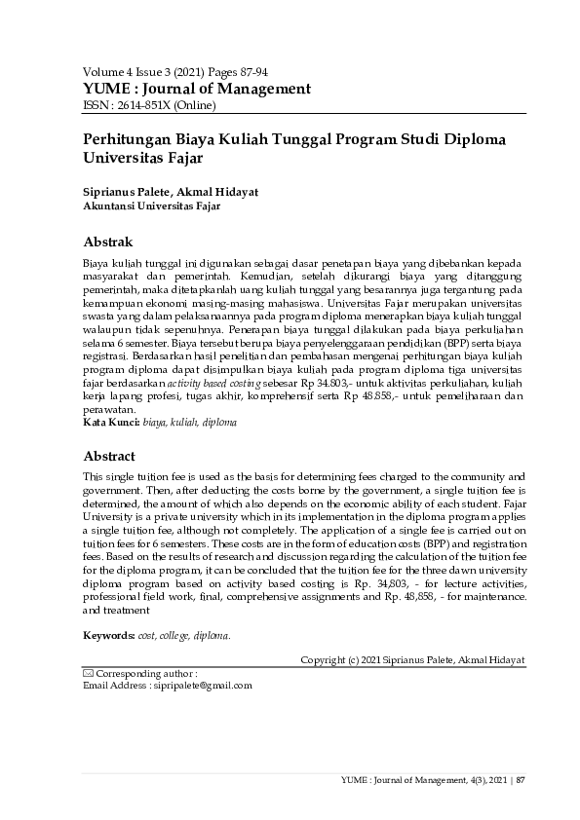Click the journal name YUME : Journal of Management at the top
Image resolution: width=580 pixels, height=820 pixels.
[x=197, y=89]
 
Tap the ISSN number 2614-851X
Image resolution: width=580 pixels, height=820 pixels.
[x=164, y=105]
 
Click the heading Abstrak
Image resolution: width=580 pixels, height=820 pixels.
[x=107, y=242]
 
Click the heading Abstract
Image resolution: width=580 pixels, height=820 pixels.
[x=109, y=455]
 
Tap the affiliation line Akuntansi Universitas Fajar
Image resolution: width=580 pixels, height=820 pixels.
[x=151, y=206]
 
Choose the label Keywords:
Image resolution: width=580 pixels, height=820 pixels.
[x=108, y=635]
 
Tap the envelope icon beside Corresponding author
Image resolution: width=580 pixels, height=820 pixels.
[x=88, y=673]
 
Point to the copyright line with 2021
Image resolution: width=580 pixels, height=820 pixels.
[x=412, y=659]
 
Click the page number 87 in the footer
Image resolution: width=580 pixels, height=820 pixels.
[x=521, y=779]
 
